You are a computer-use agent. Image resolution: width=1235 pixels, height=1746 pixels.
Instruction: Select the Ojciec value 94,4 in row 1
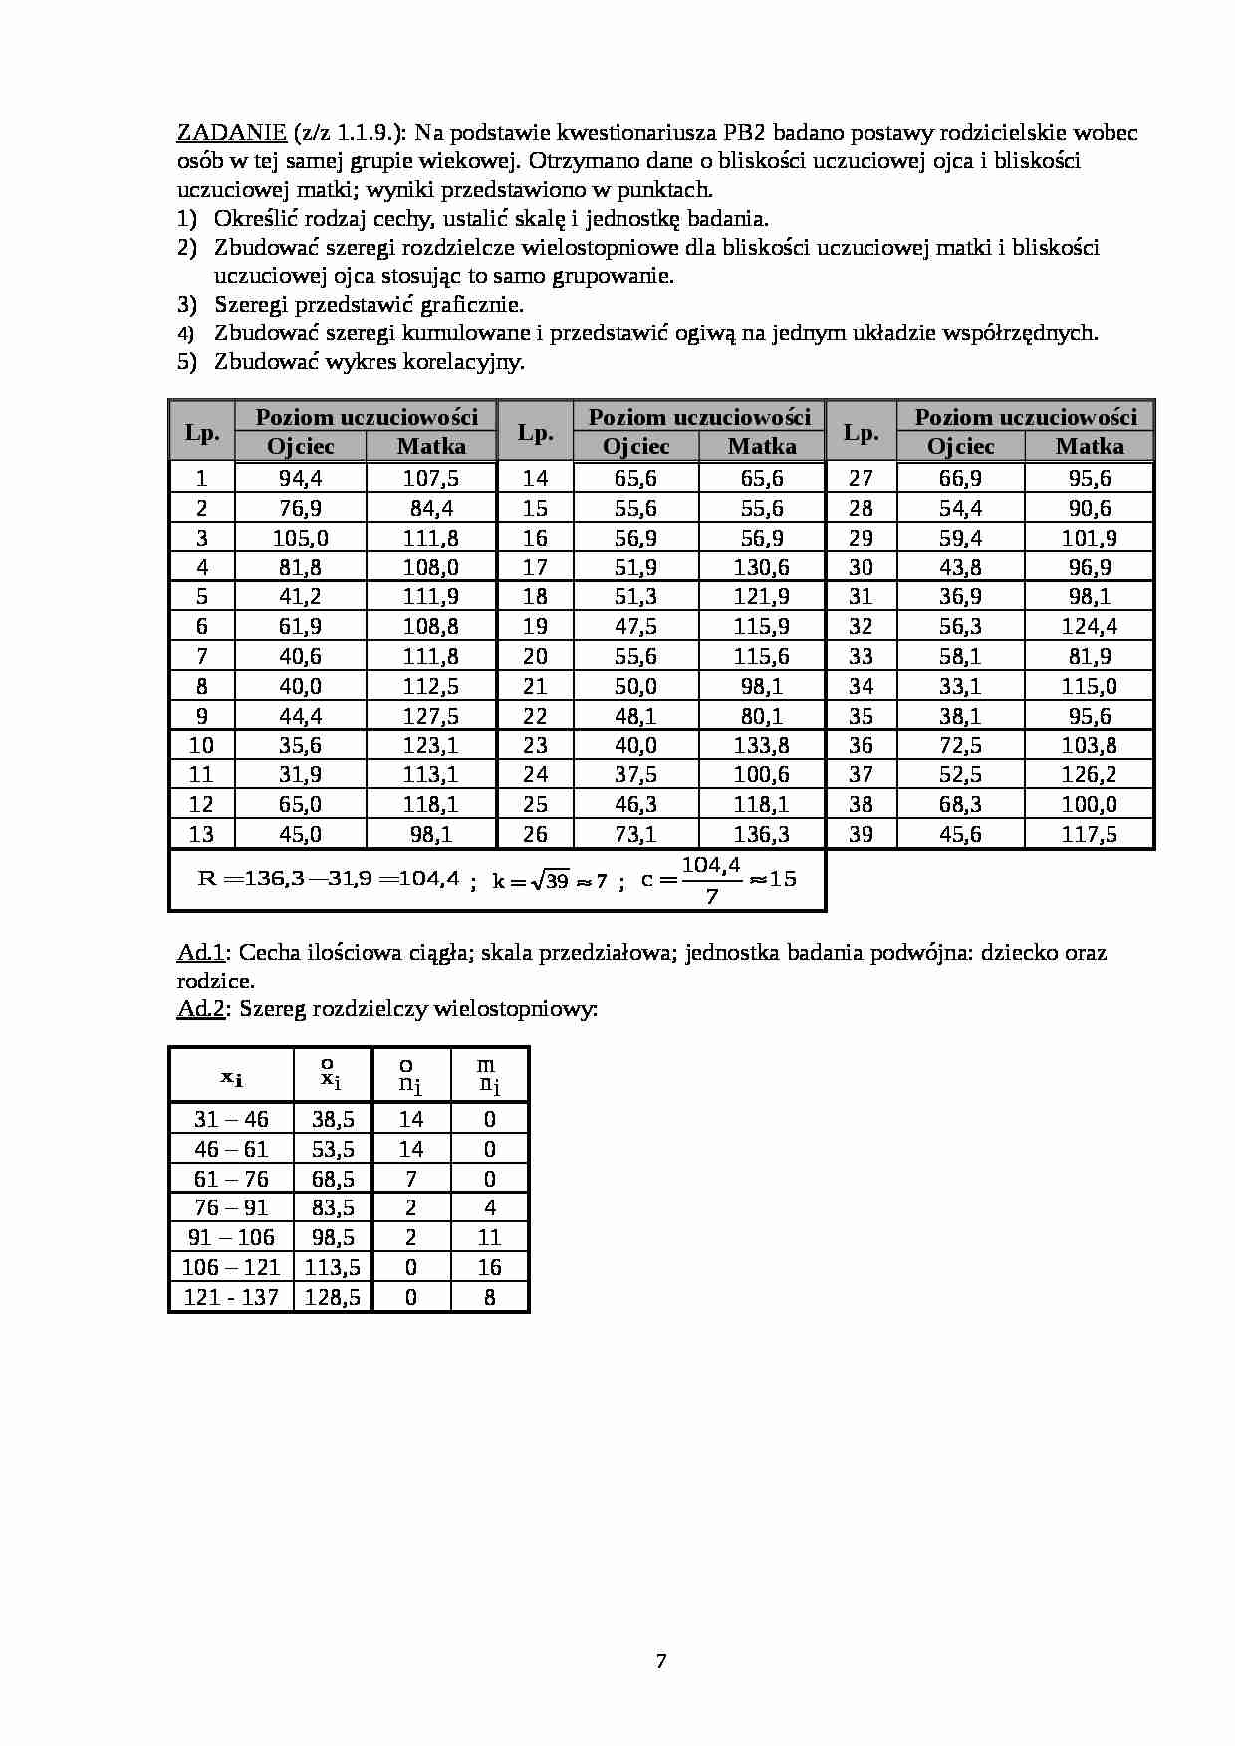click(300, 478)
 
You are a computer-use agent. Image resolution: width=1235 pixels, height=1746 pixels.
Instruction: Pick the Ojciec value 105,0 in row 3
click(300, 538)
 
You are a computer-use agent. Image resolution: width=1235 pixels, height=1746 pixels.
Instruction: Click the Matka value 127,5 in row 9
click(430, 716)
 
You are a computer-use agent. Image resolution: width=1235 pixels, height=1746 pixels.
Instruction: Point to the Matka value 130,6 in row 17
click(761, 567)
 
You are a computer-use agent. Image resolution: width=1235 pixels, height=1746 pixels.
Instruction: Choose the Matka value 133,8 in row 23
click(761, 745)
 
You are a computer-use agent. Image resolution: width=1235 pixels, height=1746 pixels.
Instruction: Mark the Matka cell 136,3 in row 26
click(761, 834)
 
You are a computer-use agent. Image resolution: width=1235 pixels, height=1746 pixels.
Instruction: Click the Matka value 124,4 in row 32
click(1089, 626)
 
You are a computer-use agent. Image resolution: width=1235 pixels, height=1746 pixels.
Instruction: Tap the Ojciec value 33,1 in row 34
click(960, 686)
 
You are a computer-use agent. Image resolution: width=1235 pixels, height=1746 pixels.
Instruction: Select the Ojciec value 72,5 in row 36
click(960, 745)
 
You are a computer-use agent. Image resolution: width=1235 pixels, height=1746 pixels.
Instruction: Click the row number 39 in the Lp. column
click(861, 834)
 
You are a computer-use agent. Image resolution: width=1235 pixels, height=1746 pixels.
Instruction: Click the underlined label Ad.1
click(200, 952)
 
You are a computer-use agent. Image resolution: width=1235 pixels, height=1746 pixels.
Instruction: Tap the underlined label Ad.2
click(200, 1008)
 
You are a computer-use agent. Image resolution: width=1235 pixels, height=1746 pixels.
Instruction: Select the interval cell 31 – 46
click(231, 1119)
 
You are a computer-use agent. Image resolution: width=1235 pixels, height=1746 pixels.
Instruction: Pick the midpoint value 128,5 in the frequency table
click(333, 1297)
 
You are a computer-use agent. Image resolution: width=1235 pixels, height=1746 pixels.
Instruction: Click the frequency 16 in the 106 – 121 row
click(489, 1267)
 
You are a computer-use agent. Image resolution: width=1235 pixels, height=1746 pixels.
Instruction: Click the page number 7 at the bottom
click(661, 1660)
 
